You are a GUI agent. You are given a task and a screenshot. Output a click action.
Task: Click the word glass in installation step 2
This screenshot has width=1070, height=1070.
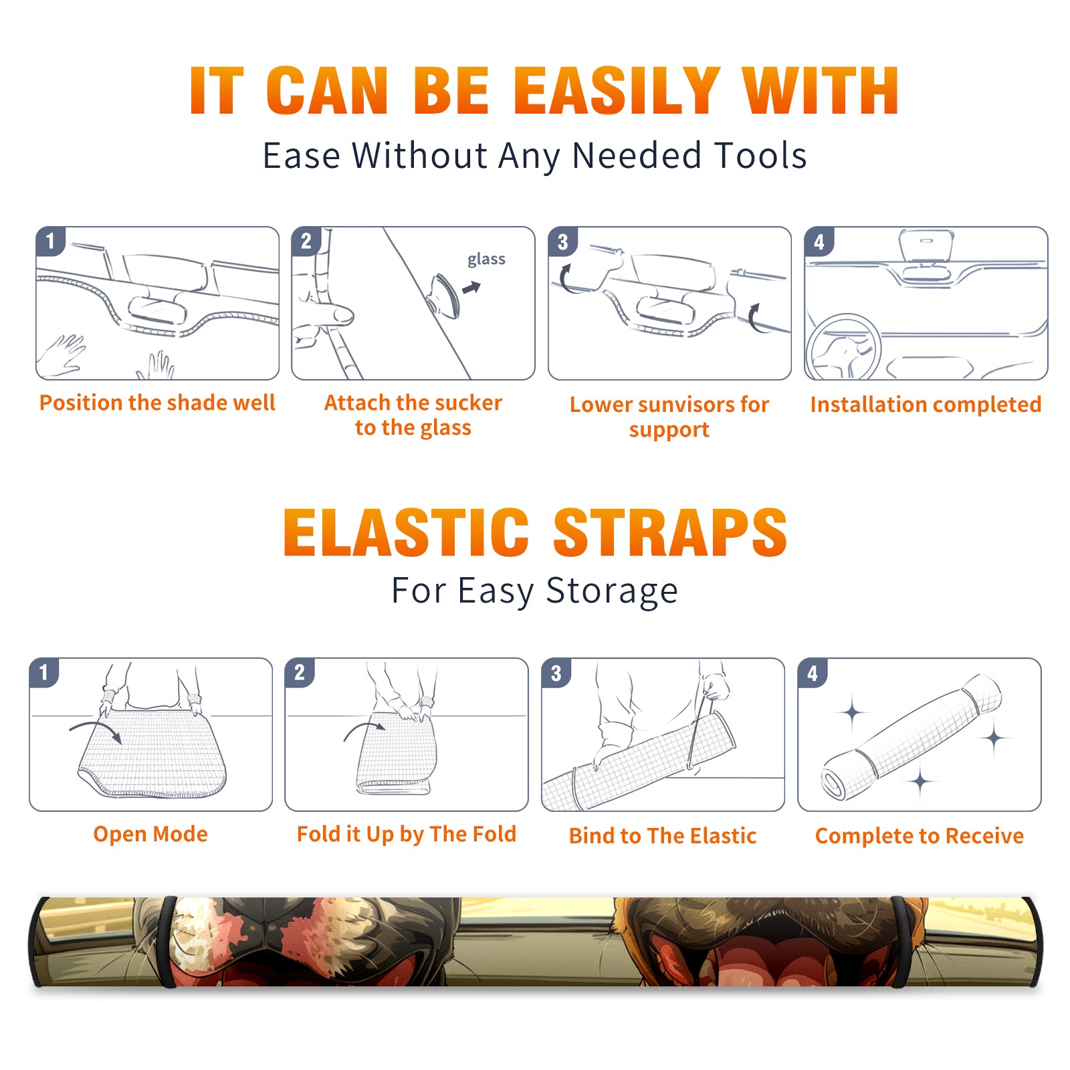click(486, 259)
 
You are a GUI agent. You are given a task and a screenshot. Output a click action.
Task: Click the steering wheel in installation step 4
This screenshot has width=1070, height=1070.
click(843, 348)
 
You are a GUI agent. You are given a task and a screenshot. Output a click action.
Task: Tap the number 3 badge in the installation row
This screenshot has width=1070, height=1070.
click(562, 242)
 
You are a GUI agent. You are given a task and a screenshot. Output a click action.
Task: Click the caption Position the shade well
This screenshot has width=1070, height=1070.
click(157, 403)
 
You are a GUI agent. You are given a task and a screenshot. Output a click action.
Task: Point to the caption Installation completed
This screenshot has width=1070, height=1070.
click(926, 404)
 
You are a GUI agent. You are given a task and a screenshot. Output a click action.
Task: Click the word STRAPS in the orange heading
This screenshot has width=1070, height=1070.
click(670, 532)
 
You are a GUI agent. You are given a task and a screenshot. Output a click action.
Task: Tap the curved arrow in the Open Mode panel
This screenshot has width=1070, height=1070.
click(96, 730)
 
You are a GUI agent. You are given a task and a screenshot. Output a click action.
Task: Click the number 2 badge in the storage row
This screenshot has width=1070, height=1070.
click(300, 672)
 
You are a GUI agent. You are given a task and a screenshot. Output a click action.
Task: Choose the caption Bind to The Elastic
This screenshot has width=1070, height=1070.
click(663, 836)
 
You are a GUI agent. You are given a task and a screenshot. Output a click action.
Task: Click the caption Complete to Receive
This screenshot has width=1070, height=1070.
click(920, 836)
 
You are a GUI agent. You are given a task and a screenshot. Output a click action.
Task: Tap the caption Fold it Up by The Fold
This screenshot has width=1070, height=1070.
click(407, 834)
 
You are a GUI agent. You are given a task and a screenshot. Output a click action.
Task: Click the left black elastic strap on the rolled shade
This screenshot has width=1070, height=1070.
click(167, 942)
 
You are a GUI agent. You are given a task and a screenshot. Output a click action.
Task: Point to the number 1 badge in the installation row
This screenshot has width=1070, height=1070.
click(50, 241)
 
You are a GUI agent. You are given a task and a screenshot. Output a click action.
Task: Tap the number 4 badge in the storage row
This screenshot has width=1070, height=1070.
click(813, 673)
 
